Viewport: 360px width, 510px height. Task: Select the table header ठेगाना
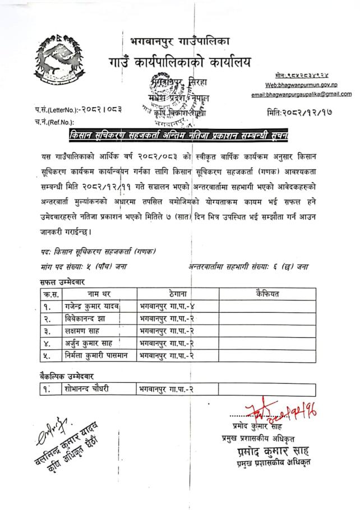coord(177,293)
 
